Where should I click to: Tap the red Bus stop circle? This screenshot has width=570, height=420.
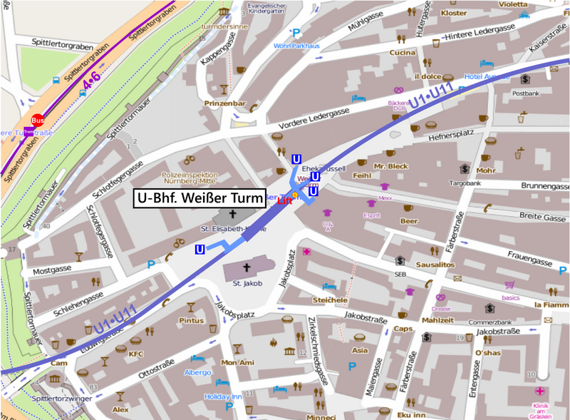pyautogui.click(x=38, y=121)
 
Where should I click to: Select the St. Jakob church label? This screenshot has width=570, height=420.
pyautogui.click(x=247, y=284)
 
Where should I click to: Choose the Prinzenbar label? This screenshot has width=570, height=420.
pyautogui.click(x=224, y=103)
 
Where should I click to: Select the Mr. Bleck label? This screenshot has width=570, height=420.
pyautogui.click(x=390, y=166)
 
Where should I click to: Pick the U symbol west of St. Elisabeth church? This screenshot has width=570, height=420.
pyautogui.click(x=200, y=249)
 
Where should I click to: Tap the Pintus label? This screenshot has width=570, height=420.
pyautogui.click(x=191, y=321)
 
